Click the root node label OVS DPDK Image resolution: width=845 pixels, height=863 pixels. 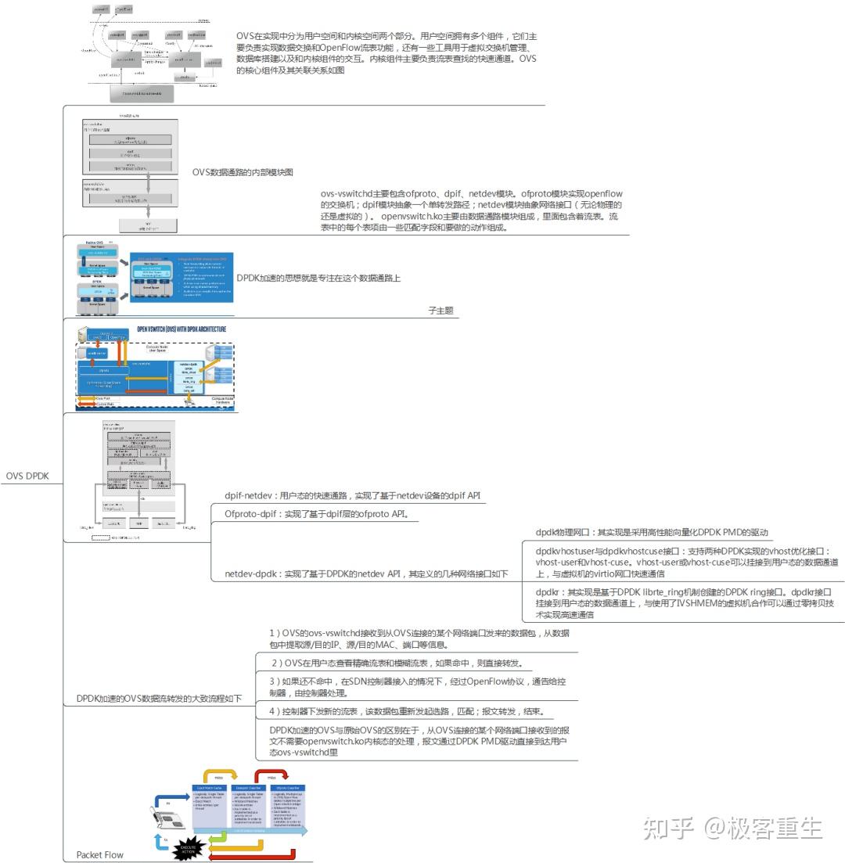pos(27,475)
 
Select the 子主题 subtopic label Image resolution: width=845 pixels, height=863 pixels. pos(440,311)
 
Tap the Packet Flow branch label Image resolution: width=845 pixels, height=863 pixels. pos(99,854)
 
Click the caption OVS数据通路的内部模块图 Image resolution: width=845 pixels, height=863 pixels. pos(243,172)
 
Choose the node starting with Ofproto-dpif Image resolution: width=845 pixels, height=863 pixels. pos(317,514)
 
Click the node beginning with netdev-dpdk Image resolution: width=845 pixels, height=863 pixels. pos(366,574)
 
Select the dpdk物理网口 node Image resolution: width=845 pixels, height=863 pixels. pos(653,532)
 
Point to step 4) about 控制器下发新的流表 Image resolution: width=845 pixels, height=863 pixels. pos(406,711)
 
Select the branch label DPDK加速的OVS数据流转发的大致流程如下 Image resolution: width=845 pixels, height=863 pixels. pos(159,698)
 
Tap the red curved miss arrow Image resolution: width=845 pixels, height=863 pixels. pos(269,779)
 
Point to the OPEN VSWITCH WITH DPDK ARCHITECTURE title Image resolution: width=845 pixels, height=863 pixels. pos(182,329)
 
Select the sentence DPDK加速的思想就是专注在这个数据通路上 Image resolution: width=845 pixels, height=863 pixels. pos(318,277)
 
